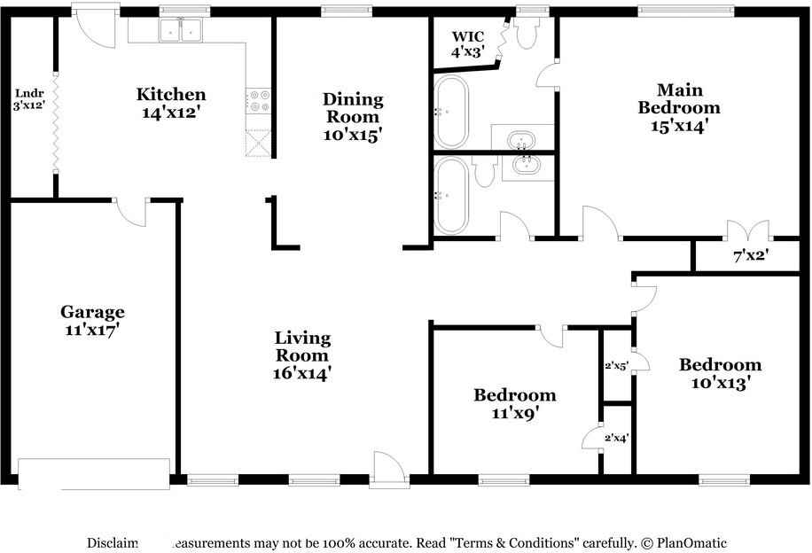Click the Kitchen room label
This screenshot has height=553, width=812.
(x=171, y=103)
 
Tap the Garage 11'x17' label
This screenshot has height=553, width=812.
(x=92, y=320)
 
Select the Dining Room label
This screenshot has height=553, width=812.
(x=353, y=116)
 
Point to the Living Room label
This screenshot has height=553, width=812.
(x=302, y=355)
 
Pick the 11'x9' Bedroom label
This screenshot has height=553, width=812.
(x=514, y=403)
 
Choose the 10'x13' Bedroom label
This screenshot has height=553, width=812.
(x=720, y=373)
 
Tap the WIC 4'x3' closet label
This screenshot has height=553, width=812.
(x=467, y=44)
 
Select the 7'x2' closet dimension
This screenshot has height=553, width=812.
(x=750, y=256)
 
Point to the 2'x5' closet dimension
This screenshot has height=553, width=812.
(x=616, y=362)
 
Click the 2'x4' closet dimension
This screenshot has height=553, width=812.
(x=616, y=437)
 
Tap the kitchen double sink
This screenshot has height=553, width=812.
(x=182, y=31)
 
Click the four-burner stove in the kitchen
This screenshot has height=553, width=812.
(x=258, y=101)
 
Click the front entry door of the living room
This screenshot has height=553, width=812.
(x=387, y=468)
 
